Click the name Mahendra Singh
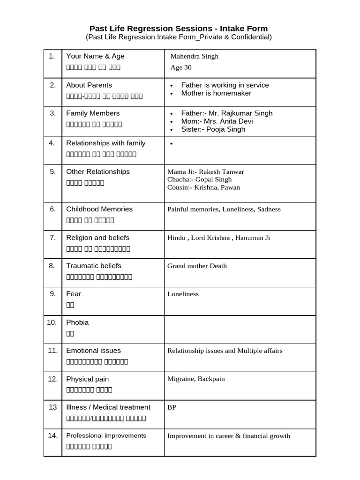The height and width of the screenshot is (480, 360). (195, 56)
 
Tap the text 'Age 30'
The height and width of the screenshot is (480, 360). (181, 67)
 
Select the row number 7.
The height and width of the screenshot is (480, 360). (52, 238)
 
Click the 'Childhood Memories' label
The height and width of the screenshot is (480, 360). (99, 209)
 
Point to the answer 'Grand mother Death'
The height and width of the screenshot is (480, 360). (197, 266)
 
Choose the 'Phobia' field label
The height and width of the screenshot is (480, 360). (77, 322)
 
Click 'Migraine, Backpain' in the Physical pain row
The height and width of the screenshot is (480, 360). (196, 379)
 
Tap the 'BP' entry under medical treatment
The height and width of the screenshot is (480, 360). (172, 407)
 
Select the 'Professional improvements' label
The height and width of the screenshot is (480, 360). (106, 435)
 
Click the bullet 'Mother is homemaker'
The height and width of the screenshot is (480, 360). (216, 93)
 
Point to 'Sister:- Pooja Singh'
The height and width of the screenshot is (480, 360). (213, 129)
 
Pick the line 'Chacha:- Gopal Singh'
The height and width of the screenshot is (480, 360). (199, 179)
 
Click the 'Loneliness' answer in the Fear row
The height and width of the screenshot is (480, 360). (183, 294)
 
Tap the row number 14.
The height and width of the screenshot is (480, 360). (52, 435)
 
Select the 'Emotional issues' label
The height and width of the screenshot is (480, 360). (93, 351)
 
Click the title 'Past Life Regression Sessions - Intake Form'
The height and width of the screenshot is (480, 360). (179, 29)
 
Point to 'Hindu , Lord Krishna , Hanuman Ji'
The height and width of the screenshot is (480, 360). (218, 238)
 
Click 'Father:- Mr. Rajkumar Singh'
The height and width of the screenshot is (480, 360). (227, 113)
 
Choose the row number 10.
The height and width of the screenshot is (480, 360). (52, 322)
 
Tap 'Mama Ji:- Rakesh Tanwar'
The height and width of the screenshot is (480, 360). (205, 172)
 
